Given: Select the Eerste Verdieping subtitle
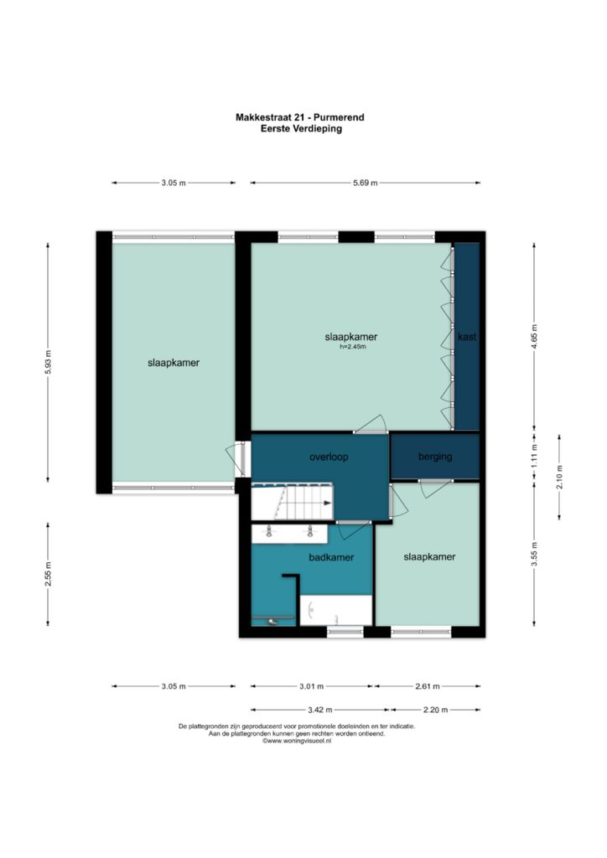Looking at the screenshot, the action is pyautogui.click(x=302, y=128).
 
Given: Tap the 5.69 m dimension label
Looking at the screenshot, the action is pyautogui.click(x=365, y=183).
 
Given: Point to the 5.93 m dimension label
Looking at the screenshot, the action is pyautogui.click(x=48, y=362).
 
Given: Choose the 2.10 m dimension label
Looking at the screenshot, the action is pyautogui.click(x=559, y=477).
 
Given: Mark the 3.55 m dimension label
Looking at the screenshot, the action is pyautogui.click(x=534, y=554).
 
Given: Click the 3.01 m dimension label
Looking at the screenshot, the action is pyautogui.click(x=311, y=686).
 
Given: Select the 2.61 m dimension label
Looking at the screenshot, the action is pyautogui.click(x=428, y=686).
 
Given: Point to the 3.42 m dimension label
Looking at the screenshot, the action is pyautogui.click(x=320, y=711).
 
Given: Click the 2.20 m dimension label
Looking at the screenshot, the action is pyautogui.click(x=436, y=711).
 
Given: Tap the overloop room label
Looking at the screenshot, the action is pyautogui.click(x=329, y=457).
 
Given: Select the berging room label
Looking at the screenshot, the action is pyautogui.click(x=435, y=457).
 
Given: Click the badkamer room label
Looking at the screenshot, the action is pyautogui.click(x=331, y=557).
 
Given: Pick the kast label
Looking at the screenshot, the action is pyautogui.click(x=467, y=337).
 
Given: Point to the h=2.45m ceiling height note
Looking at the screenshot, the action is pyautogui.click(x=352, y=347).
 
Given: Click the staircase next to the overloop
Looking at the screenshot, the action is pyautogui.click(x=293, y=502).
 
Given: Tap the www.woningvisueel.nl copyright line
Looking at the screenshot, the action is pyautogui.click(x=297, y=741).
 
